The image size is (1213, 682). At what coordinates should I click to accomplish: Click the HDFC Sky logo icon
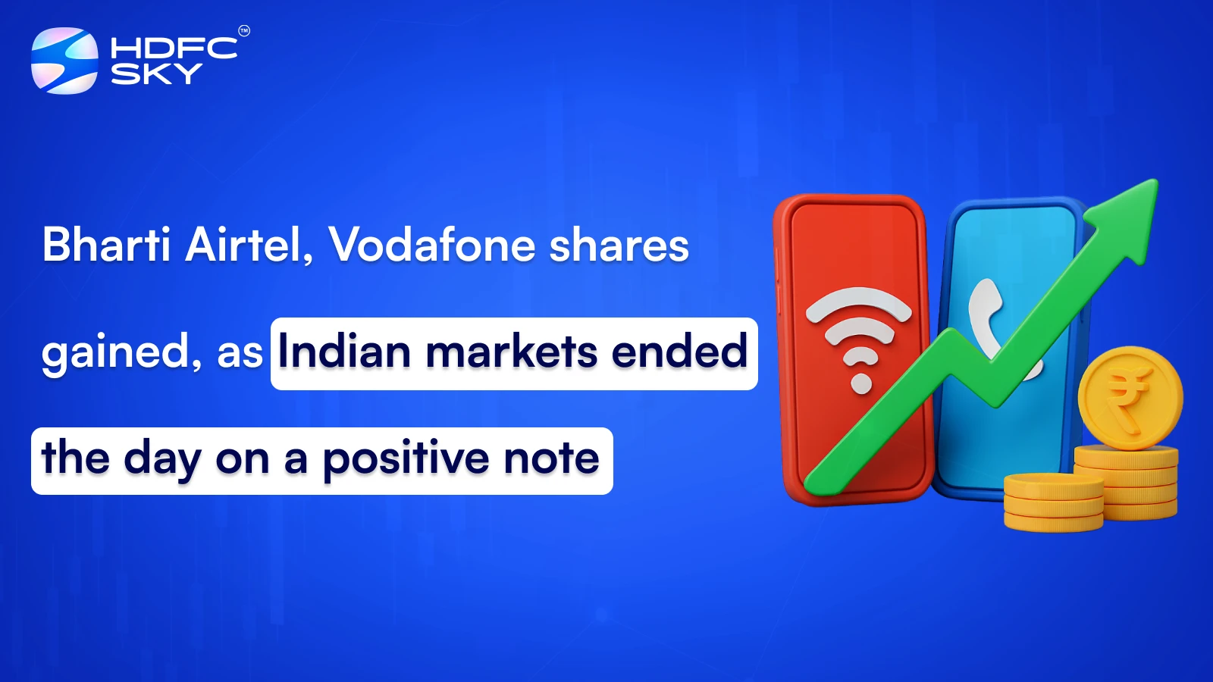pyautogui.click(x=64, y=61)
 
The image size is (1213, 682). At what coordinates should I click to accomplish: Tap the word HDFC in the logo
pyautogui.click(x=174, y=48)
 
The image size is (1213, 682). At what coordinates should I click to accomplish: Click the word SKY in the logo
pyautogui.click(x=156, y=74)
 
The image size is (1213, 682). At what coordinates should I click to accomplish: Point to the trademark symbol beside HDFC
pyautogui.click(x=244, y=31)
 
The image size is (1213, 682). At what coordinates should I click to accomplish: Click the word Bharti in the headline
pyautogui.click(x=106, y=245)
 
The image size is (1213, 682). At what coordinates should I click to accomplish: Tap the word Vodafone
pyautogui.click(x=432, y=245)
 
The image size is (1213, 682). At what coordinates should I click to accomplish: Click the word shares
pyautogui.click(x=619, y=245)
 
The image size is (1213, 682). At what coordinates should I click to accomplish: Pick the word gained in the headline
pyautogui.click(x=121, y=353)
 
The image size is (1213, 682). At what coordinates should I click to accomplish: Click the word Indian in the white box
pyautogui.click(x=344, y=352)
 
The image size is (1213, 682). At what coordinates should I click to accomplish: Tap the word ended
pyautogui.click(x=679, y=352)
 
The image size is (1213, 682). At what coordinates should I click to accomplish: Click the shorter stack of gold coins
pyautogui.click(x=1053, y=502)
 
